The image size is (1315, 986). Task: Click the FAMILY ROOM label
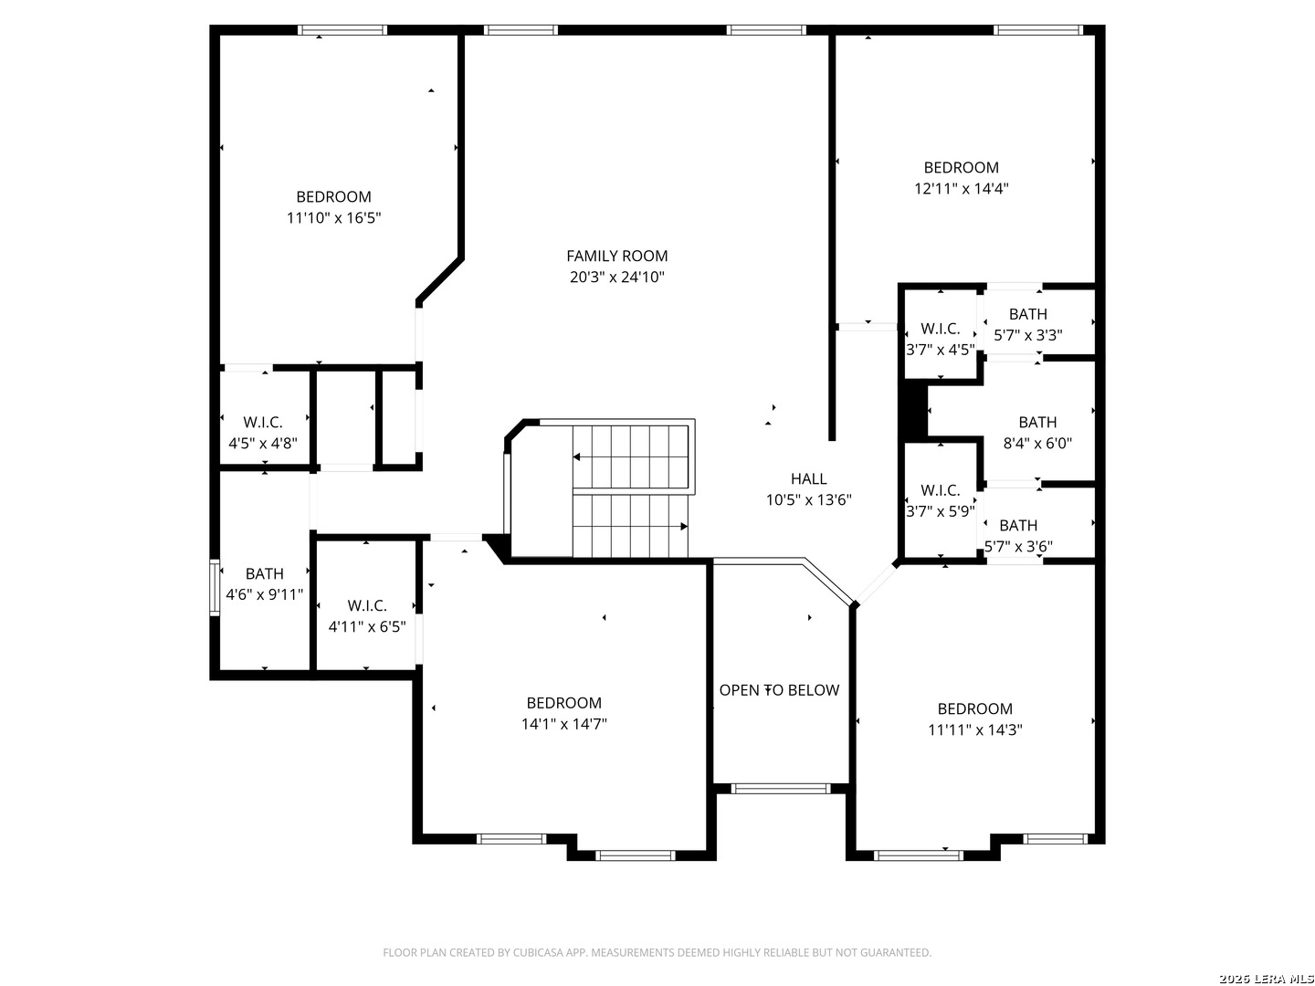(x=616, y=257)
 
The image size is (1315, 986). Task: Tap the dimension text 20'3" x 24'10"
(x=616, y=278)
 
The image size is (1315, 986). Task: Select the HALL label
(x=808, y=479)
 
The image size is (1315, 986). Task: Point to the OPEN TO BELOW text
(x=779, y=690)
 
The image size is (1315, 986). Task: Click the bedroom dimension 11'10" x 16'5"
(x=333, y=218)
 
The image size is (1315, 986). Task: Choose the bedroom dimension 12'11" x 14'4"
(x=961, y=189)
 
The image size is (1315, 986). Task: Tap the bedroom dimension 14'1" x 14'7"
(x=563, y=724)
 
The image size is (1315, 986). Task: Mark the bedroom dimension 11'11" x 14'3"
(x=974, y=729)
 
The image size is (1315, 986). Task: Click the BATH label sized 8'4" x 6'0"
(x=1037, y=423)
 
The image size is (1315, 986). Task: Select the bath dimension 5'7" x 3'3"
(x=1028, y=335)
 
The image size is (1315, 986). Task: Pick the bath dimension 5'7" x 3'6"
(x=1018, y=547)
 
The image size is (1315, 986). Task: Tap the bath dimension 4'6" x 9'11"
(x=264, y=594)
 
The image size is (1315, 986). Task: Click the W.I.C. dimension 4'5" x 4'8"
(x=263, y=444)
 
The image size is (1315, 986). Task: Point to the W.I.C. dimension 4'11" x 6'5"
(x=366, y=627)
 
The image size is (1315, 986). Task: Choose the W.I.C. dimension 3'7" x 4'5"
(x=940, y=350)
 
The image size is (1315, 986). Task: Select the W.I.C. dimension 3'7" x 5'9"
(x=940, y=511)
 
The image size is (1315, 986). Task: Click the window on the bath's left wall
(x=215, y=587)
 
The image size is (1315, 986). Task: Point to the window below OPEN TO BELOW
(x=780, y=789)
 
